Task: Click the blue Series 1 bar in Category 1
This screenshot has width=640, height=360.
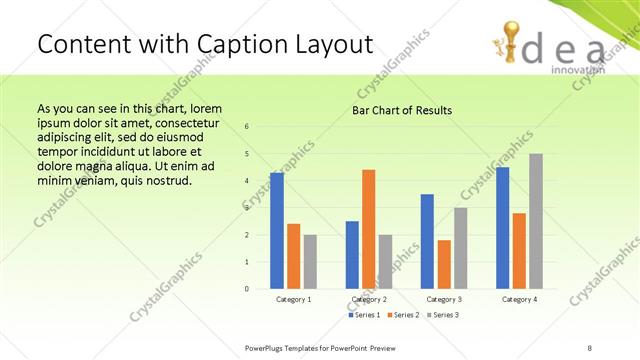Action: point(277,231)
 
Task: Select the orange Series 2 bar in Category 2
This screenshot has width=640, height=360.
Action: point(369,229)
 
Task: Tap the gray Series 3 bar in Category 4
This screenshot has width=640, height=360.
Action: point(536,221)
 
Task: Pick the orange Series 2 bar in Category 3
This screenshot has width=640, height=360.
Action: point(444,264)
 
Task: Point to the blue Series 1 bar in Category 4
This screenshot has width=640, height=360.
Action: point(503,228)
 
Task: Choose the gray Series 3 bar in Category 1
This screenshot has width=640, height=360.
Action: point(310,262)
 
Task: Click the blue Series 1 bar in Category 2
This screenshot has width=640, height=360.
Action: point(352,255)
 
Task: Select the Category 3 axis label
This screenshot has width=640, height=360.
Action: point(444,299)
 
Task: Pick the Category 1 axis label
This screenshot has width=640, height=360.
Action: point(293,299)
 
